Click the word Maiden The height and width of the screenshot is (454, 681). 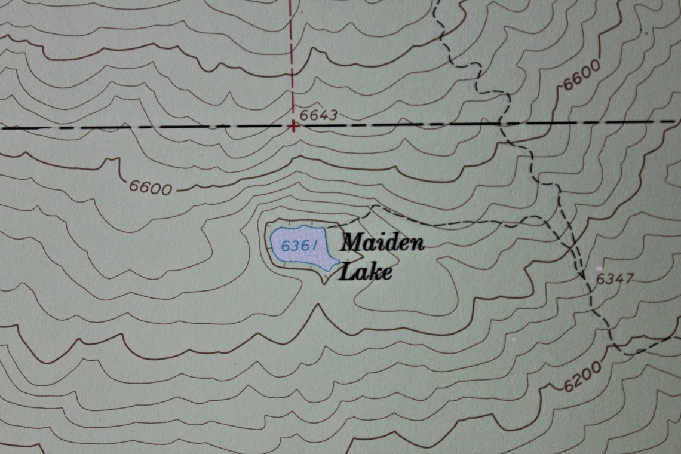click(382, 243)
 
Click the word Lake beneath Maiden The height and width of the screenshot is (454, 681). click(366, 272)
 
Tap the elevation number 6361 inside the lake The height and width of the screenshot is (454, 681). click(298, 246)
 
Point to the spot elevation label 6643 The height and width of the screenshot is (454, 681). click(318, 115)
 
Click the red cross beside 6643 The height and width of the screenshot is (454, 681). click(293, 126)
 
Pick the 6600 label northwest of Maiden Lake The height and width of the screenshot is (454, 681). click(151, 187)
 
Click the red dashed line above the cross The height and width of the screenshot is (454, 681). click(292, 60)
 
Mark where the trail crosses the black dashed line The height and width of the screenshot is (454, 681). click(501, 124)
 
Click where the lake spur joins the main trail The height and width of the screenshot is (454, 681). click(545, 219)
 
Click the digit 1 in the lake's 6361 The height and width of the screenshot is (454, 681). click(312, 246)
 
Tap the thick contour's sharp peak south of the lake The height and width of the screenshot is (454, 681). click(318, 305)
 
